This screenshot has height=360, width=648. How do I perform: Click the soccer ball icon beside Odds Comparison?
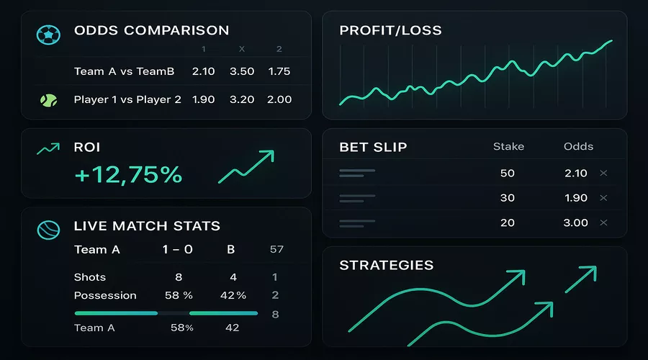pos(48,34)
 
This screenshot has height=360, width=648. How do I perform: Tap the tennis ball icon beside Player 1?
pos(48,99)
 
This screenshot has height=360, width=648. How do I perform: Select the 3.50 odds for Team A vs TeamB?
pos(242,71)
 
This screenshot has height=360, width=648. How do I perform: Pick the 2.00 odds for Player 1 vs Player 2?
pos(279,99)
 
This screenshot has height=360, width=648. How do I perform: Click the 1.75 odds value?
pos(279,71)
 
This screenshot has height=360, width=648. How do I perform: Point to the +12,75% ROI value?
pos(128,174)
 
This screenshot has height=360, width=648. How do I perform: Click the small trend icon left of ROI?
pos(48,148)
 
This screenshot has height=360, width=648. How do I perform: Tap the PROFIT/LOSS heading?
pos(390,31)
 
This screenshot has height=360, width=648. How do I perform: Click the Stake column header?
pos(508,146)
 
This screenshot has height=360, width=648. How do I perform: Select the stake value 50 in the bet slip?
pos(508,174)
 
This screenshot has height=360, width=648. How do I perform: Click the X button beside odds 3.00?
pos(603,223)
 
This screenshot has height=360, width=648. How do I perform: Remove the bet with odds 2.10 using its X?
pos(603,174)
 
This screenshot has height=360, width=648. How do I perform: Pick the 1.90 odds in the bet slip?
pos(575,198)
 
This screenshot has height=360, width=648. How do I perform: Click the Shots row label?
pos(90,277)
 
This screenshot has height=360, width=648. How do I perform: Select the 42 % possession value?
pos(232,295)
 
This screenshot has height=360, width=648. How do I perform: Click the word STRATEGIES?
pos(387,266)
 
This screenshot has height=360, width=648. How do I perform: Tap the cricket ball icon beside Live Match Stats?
pos(48,229)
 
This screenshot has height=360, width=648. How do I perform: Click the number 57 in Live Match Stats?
pos(276,250)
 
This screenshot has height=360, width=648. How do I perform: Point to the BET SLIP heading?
pos(373,148)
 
